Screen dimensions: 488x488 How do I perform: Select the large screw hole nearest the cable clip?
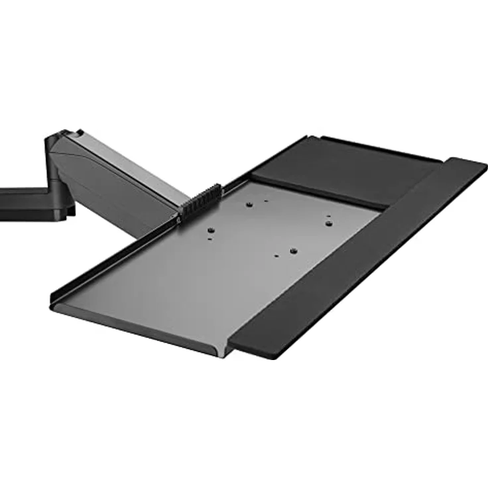click(210, 231)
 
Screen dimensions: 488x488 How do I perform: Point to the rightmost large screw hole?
click(327, 223)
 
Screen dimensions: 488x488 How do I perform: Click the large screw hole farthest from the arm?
click(291, 252)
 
